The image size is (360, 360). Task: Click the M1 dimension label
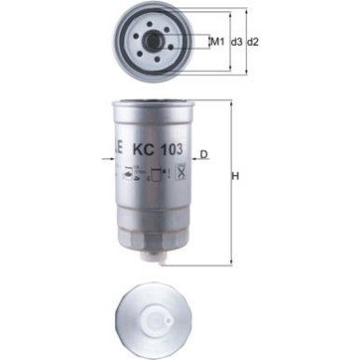pyautogui.click(x=217, y=42)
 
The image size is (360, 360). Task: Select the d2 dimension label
pyautogui.click(x=252, y=42)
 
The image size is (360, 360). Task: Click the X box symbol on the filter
pyautogui.click(x=181, y=174)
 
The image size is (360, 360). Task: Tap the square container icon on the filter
pyautogui.click(x=165, y=173)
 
